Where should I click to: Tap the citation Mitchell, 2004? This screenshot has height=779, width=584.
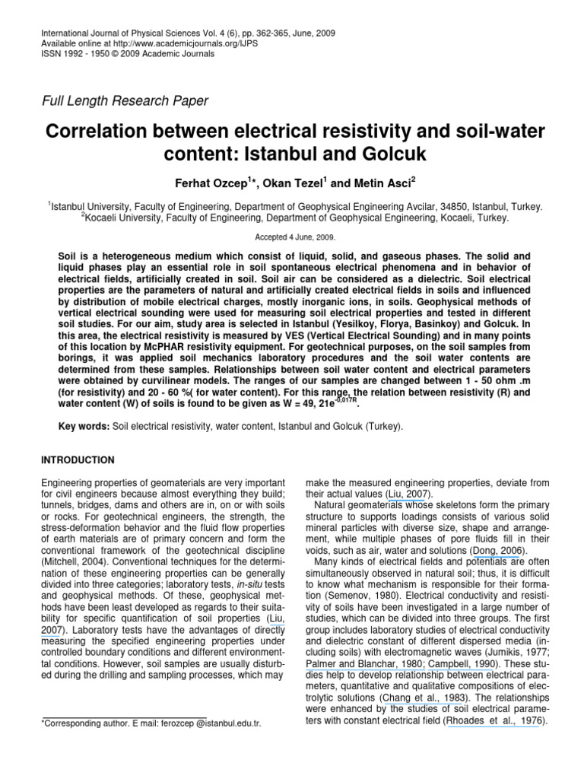point(75,561)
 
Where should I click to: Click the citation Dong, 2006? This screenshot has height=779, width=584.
point(497,550)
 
